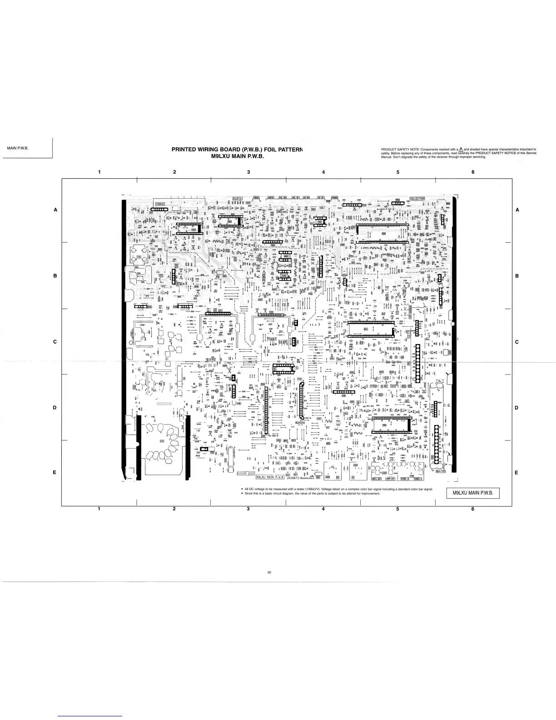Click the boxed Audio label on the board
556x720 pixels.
click(237, 198)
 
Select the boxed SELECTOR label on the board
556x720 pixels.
click(417, 199)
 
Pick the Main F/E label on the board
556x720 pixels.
click(441, 471)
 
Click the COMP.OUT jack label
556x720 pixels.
click(392, 478)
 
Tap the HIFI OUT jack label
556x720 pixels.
click(376, 478)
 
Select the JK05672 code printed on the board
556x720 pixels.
click(293, 477)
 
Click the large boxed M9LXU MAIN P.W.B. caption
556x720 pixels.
click(473, 494)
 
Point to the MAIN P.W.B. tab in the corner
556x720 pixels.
click(18, 148)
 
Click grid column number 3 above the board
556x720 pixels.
click(248, 172)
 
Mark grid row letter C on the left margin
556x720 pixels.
click(55, 342)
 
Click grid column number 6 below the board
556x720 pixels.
click(472, 509)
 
